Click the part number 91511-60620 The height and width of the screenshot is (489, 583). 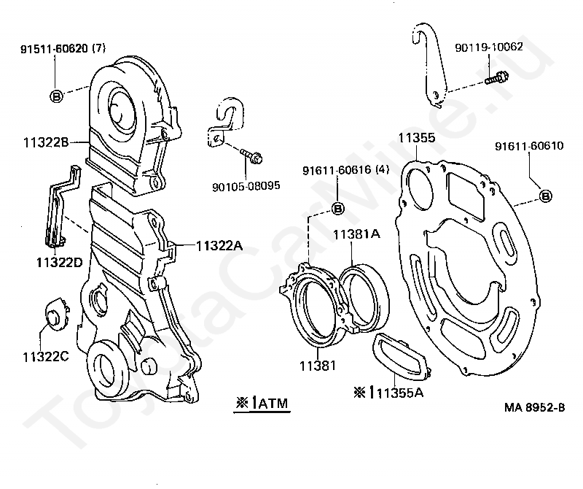tap(54, 49)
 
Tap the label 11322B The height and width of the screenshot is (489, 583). tap(46, 142)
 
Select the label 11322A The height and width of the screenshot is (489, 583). tap(219, 246)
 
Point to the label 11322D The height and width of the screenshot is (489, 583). tap(60, 263)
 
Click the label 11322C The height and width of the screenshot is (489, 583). tap(46, 357)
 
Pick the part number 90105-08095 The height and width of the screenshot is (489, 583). tap(246, 186)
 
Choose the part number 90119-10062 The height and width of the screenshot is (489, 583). tap(489, 47)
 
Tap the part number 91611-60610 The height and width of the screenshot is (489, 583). tap(529, 146)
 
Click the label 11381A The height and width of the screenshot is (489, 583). tap(356, 234)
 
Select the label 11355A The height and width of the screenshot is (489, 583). tap(400, 393)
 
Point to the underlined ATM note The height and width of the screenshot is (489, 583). tap(262, 404)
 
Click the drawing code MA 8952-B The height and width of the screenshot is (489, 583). tap(534, 407)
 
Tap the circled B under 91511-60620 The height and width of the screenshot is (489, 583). tap(57, 96)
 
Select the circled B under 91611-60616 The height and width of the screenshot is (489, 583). tap(337, 209)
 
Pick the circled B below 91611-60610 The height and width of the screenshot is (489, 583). tap(545, 196)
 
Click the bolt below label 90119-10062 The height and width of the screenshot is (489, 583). tap(496, 78)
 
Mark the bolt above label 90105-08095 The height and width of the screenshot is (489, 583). tap(251, 155)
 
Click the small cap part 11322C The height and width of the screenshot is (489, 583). tap(57, 314)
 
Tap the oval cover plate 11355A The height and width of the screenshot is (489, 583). tap(401, 357)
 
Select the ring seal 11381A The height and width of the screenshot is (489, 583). tap(364, 297)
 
